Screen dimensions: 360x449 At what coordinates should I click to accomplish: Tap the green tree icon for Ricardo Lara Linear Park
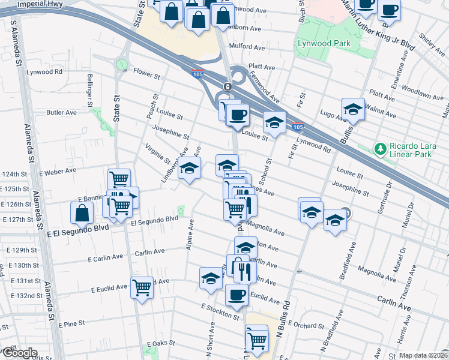(x=379, y=148)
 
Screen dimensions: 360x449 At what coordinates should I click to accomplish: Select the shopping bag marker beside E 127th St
(x=82, y=213)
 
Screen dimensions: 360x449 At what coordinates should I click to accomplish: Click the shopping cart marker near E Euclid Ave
(x=142, y=288)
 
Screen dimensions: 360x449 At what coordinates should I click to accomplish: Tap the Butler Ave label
(x=62, y=112)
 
